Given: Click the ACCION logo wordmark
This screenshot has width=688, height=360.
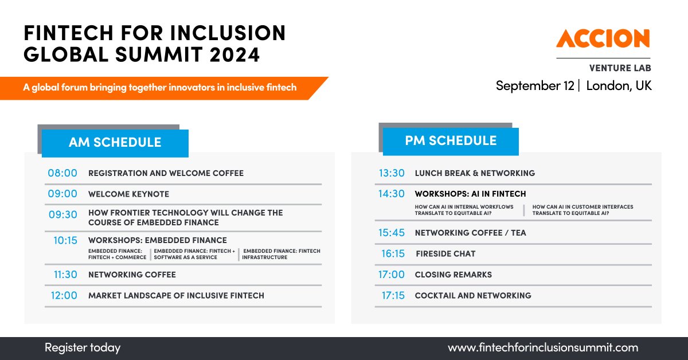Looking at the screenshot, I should click(603, 38).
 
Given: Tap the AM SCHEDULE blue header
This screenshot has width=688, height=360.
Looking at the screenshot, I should click(115, 143).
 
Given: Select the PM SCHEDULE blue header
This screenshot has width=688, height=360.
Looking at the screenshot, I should click(451, 141).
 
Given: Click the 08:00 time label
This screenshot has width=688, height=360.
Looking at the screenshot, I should click(62, 173).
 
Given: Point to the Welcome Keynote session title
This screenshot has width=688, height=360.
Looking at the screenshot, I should click(128, 194).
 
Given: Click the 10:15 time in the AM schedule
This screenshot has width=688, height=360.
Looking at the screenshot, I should click(65, 240).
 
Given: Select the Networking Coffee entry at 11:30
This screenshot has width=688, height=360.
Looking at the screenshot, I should click(132, 275).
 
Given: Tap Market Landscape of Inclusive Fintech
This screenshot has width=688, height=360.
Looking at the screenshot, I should click(176, 296).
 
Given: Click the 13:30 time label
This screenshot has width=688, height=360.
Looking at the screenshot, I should click(392, 173).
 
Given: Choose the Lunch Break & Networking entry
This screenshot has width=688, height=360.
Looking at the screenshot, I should click(475, 173).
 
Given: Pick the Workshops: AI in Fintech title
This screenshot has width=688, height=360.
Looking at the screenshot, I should click(470, 194).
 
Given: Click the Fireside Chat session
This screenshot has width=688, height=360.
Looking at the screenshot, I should click(445, 253).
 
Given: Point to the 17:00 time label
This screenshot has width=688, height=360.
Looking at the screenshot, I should click(391, 275).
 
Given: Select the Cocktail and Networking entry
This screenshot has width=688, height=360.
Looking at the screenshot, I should click(473, 296).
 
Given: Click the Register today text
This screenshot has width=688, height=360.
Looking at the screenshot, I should click(83, 348).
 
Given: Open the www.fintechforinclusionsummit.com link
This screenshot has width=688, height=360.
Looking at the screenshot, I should click(542, 348).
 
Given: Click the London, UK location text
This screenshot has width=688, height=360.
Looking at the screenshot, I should click(619, 86).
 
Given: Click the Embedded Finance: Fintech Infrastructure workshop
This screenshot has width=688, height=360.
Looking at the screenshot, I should click(281, 254).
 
